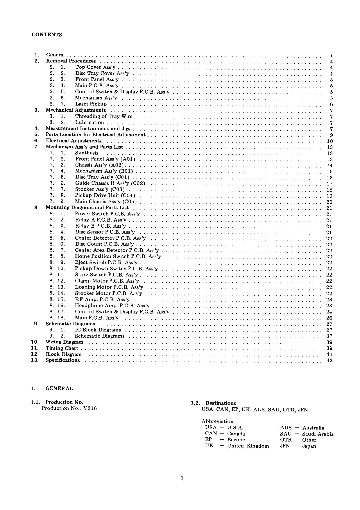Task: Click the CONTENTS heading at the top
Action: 47,35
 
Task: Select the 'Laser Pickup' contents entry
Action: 91,104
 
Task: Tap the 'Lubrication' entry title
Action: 89,122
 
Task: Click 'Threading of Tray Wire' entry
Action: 104,116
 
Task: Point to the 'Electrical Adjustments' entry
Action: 74,141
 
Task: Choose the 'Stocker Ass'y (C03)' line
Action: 100,189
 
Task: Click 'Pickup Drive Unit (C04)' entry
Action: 105,195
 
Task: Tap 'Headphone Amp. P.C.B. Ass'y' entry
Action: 112,305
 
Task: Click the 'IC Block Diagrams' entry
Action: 98,330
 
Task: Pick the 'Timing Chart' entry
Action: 62,348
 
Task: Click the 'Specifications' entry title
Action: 63,360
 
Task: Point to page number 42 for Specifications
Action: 329,361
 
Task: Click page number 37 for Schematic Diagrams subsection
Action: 329,336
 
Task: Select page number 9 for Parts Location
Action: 331,135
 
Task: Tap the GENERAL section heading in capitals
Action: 59,388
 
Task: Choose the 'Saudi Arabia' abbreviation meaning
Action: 318,434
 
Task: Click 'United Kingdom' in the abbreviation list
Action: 248,446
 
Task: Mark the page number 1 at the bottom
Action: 182,477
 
